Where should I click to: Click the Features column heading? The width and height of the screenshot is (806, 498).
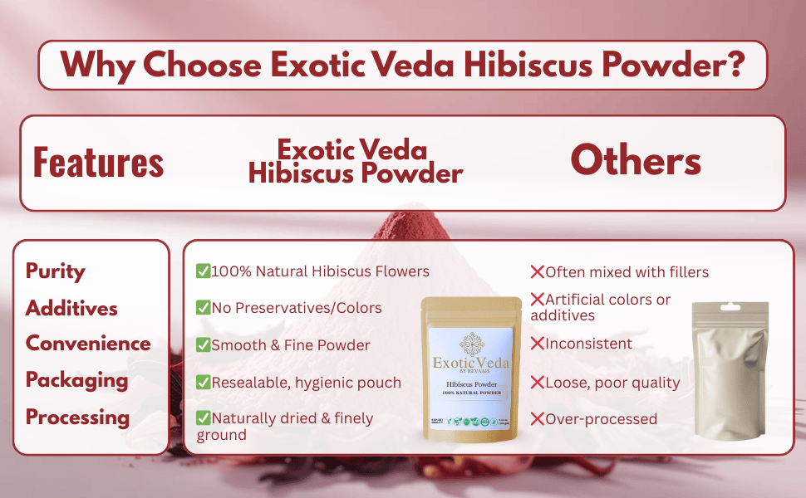click(98, 162)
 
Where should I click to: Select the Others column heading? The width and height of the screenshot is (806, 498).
click(636, 161)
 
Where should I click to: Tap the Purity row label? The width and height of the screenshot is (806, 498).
click(56, 271)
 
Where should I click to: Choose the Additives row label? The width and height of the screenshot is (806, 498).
click(71, 308)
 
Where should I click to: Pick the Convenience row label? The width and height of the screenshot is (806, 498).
click(88, 344)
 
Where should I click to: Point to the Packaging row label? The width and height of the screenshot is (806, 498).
click(77, 380)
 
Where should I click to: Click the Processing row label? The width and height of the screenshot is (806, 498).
click(77, 417)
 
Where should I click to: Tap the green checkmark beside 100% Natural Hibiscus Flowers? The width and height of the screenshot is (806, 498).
click(203, 271)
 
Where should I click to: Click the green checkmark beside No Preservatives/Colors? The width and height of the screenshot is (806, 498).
click(203, 308)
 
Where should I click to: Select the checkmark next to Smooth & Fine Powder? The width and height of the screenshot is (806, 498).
click(203, 344)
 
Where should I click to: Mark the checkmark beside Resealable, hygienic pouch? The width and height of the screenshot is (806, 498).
click(203, 382)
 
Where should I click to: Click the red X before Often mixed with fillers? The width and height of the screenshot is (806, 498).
click(538, 271)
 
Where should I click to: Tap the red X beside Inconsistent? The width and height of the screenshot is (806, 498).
click(538, 344)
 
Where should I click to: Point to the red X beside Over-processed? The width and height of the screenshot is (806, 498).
click(538, 419)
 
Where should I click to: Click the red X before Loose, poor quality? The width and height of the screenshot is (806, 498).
click(538, 383)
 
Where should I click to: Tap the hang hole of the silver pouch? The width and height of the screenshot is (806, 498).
click(730, 308)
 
